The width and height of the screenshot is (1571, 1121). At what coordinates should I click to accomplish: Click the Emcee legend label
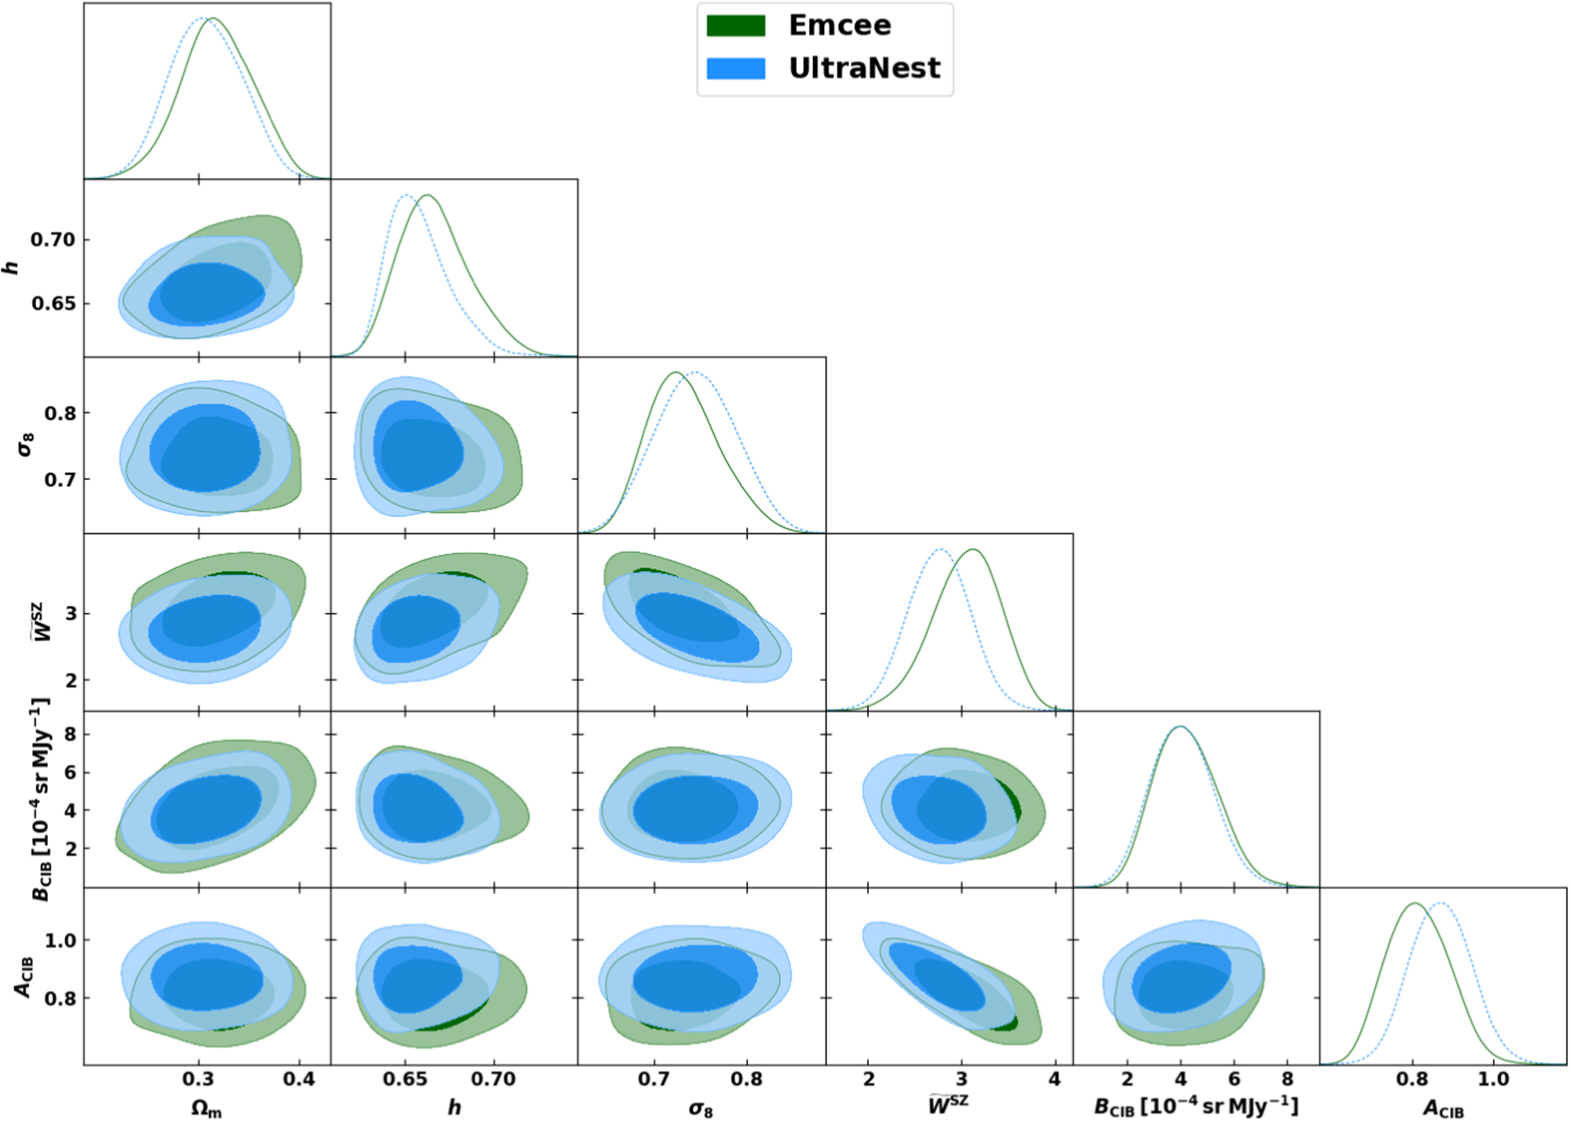[839, 26]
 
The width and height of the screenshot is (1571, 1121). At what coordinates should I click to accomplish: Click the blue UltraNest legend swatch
[735, 68]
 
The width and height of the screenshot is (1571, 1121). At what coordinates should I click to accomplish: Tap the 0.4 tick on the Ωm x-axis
[299, 1079]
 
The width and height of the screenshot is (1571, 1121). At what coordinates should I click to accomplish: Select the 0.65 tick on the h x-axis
[405, 1079]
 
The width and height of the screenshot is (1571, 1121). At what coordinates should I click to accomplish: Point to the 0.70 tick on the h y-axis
[53, 239]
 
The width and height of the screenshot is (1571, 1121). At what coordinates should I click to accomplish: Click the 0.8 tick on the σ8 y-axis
[60, 413]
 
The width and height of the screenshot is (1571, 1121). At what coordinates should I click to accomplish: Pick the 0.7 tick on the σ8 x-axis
[654, 1079]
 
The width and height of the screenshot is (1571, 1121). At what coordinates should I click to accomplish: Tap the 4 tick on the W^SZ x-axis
[1054, 1079]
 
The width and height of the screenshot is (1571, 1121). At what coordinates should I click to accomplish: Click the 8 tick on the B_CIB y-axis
[70, 734]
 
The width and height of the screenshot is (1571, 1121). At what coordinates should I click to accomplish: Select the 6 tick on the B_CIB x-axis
[1234, 1079]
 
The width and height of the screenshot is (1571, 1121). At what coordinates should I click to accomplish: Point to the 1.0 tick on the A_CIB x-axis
[1492, 1079]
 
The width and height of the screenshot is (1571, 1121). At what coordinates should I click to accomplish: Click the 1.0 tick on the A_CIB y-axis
[60, 940]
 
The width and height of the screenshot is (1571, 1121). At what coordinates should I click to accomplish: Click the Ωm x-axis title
[207, 1108]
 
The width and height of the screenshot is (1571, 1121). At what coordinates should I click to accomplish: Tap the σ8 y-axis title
[27, 445]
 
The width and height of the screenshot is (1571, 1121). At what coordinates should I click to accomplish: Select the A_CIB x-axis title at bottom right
[1443, 1108]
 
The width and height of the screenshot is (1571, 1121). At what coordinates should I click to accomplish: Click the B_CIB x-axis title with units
[1196, 1106]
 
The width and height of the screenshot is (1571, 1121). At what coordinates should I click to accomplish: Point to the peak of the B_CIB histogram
[1181, 727]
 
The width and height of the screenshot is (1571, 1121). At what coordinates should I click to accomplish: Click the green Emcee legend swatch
[735, 26]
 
